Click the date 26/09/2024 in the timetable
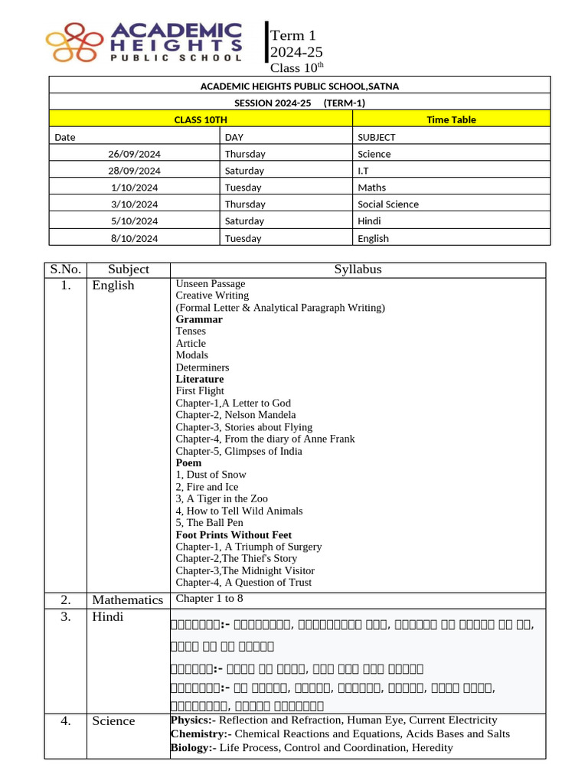pyautogui.click(x=135, y=154)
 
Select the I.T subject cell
pyautogui.click(x=367, y=171)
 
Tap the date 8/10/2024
pyautogui.click(x=135, y=238)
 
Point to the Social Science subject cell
pyautogui.click(x=388, y=204)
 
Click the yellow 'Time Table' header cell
pyautogui.click(x=451, y=119)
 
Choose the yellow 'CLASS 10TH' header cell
pyautogui.click(x=201, y=119)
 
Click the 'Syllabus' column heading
pyautogui.click(x=358, y=269)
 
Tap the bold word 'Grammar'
pyautogui.click(x=199, y=319)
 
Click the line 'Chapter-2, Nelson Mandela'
pyautogui.click(x=236, y=415)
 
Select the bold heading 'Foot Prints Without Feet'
pyautogui.click(x=234, y=534)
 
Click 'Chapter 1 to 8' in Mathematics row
pyautogui.click(x=210, y=599)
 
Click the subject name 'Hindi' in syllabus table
pyautogui.click(x=108, y=616)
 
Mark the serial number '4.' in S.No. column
pyautogui.click(x=66, y=720)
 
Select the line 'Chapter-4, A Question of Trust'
pyautogui.click(x=243, y=583)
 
